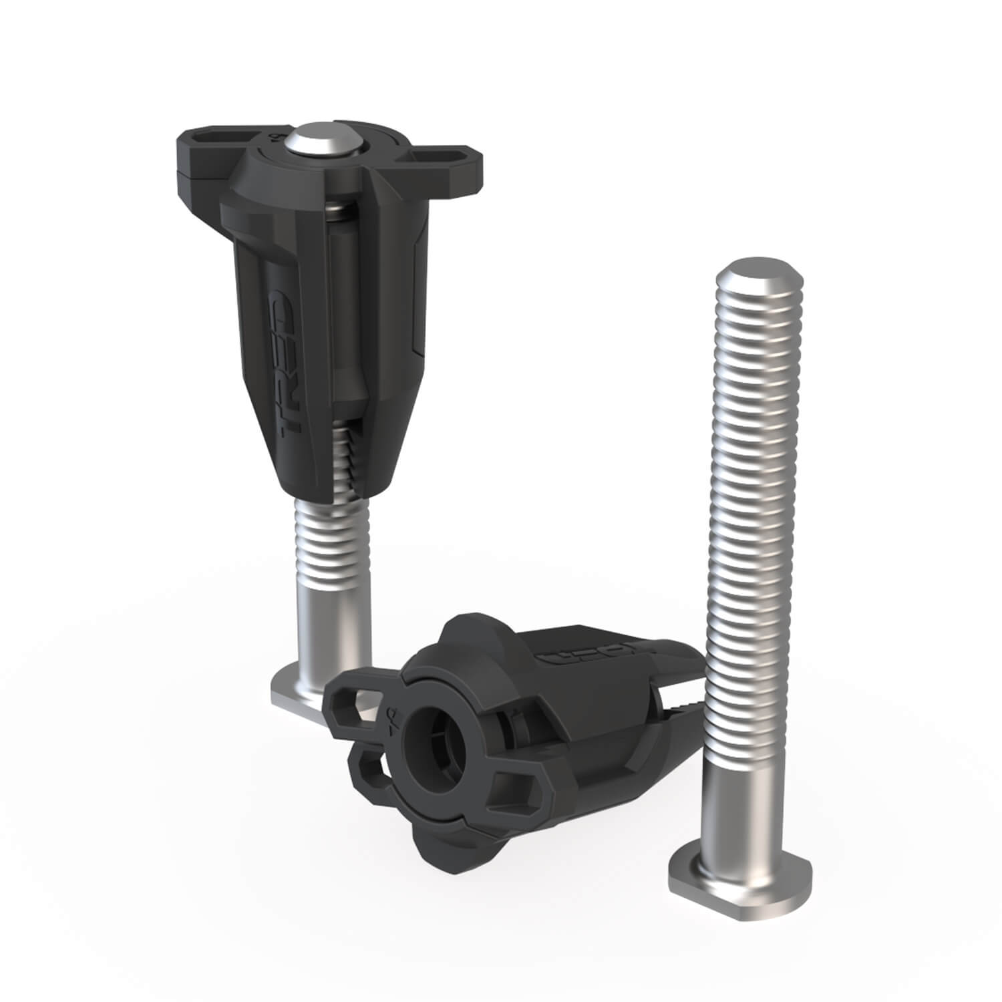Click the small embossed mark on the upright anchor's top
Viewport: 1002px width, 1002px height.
(x=275, y=141)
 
